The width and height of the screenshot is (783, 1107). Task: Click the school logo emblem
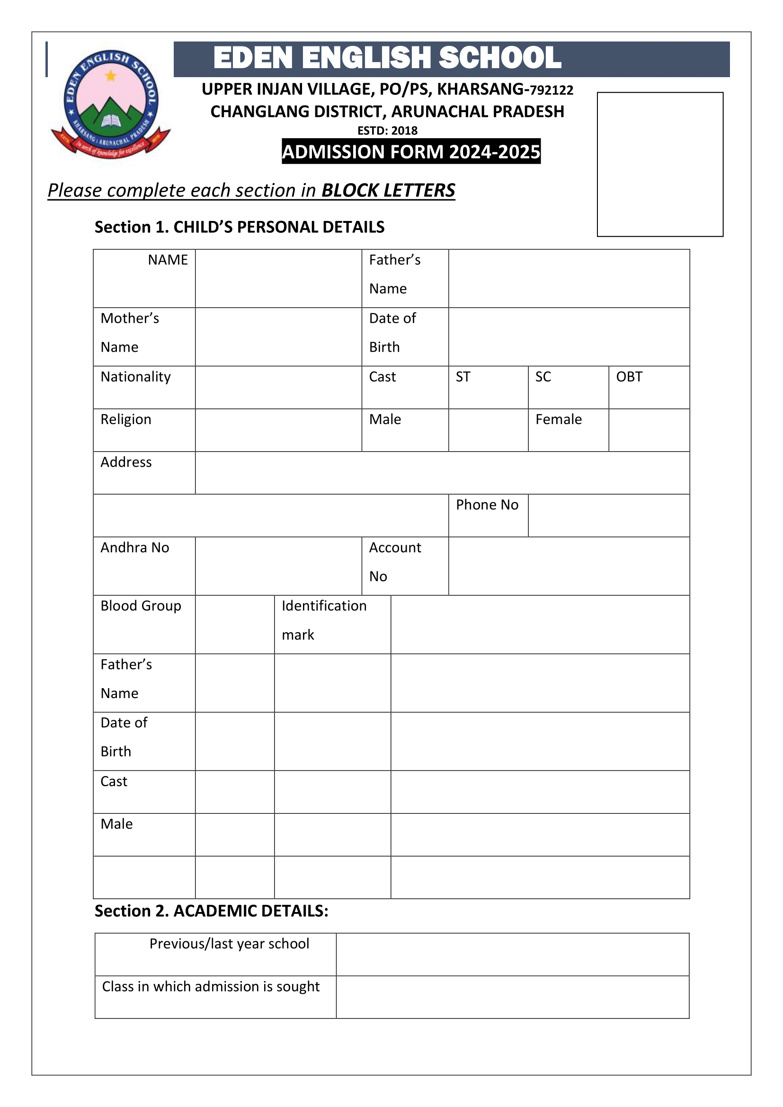tap(110, 104)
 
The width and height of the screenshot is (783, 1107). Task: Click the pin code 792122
tap(552, 90)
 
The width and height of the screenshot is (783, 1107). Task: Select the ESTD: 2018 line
tap(387, 131)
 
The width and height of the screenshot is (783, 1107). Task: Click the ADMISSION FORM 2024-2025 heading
tap(411, 151)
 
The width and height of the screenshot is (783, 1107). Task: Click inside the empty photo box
tap(659, 164)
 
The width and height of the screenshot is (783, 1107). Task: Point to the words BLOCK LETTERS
tap(388, 190)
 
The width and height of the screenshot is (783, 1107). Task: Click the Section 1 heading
tap(239, 227)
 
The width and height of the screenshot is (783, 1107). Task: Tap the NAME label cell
tap(167, 260)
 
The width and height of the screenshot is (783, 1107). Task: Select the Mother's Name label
tap(130, 332)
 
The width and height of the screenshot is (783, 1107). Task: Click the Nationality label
tap(135, 377)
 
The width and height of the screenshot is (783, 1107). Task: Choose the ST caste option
tap(463, 377)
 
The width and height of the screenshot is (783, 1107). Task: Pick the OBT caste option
tap(629, 377)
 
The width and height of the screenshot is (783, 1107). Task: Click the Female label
tap(558, 419)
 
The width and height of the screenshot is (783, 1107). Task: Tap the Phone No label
tap(487, 505)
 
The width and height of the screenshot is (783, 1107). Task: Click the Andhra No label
tap(134, 548)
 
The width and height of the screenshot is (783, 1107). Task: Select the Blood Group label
tap(141, 606)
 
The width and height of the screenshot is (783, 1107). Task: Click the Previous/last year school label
tap(229, 944)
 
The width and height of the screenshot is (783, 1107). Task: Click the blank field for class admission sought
tap(512, 997)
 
